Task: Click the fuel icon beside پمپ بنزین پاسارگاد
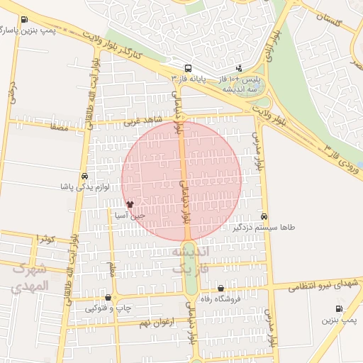[26, 20]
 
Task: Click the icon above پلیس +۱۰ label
[238, 69]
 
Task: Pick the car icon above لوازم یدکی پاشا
[85, 177]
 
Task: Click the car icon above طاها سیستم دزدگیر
[264, 216]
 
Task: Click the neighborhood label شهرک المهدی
[30, 277]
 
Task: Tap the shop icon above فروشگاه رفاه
[221, 288]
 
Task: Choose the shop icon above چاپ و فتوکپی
[108, 298]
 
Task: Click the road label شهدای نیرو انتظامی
[323, 284]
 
